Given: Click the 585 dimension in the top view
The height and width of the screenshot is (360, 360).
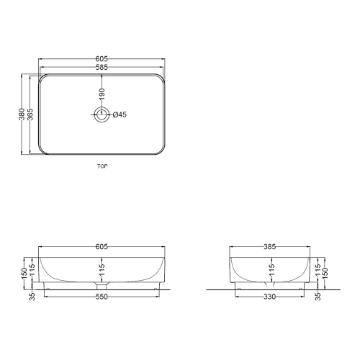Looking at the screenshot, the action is click(102, 68).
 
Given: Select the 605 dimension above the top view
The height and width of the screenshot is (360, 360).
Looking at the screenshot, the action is click(102, 58).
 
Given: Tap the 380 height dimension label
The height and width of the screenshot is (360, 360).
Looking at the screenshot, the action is click(22, 114).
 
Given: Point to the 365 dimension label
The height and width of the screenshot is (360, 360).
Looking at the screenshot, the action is click(30, 114).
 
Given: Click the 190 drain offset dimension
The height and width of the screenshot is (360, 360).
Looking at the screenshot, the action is click(102, 94).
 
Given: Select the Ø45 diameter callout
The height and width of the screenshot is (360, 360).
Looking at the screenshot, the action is click(120, 114).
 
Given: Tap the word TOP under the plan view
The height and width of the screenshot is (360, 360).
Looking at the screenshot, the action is click(102, 166).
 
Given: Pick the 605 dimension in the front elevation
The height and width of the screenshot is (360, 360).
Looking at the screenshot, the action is click(102, 246).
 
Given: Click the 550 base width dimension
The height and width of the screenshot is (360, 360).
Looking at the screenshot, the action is click(102, 297).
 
